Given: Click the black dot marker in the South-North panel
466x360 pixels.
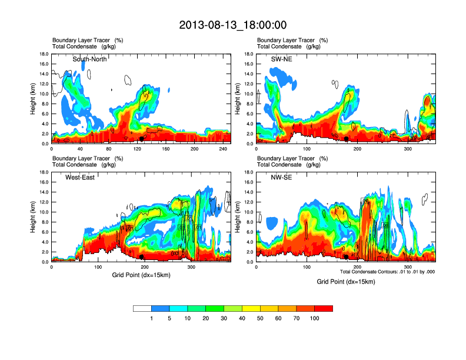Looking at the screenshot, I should click(142, 139).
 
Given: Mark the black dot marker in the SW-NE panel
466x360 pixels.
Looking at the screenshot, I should click(347, 139).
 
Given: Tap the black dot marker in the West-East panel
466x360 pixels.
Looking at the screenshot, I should click(142, 257).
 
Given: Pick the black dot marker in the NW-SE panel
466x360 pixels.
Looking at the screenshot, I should click(347, 257).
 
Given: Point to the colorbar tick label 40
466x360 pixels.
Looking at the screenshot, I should click(242, 318).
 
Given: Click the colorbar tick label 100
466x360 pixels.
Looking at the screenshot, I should click(314, 318).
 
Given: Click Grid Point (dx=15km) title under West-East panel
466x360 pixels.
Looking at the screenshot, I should click(141, 275).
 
